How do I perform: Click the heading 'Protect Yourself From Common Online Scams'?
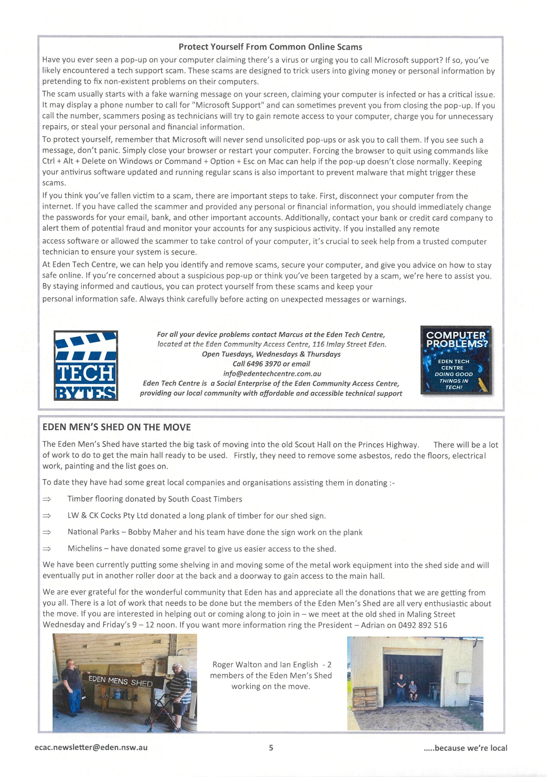pos(270,47)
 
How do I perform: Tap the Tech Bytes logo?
pos(86,365)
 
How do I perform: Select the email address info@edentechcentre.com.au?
pos(272,373)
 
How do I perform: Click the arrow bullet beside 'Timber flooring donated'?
pos(47,499)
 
